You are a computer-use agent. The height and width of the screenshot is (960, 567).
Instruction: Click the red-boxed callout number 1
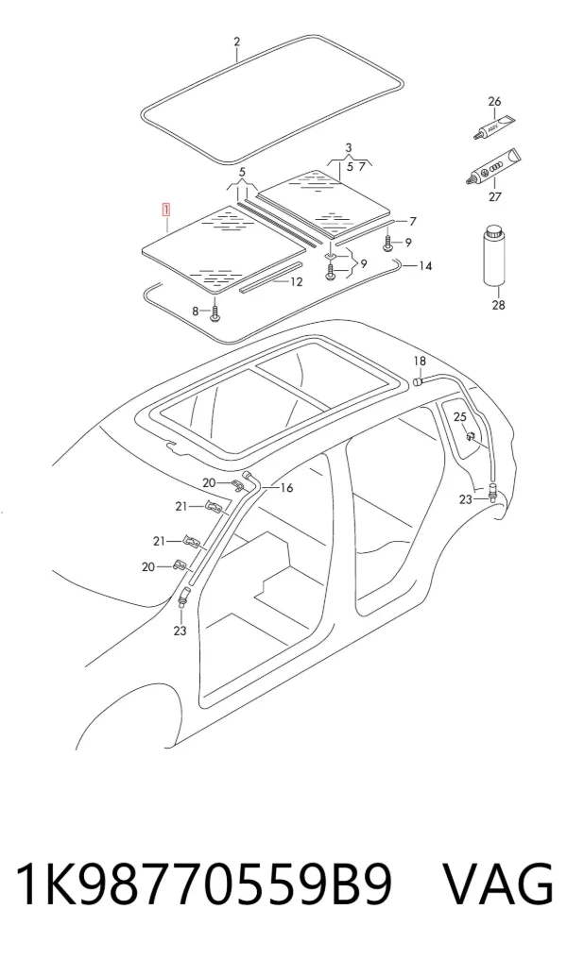pyautogui.click(x=165, y=211)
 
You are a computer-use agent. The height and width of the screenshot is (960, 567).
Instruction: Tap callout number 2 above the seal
pyautogui.click(x=237, y=42)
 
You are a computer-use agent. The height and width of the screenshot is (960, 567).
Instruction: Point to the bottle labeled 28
pyautogui.click(x=494, y=255)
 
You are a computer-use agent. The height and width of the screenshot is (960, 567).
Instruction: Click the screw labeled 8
pyautogui.click(x=215, y=312)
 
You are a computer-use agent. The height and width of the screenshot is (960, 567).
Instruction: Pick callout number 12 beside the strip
pyautogui.click(x=296, y=282)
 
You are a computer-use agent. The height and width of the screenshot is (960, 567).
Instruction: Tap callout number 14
pyautogui.click(x=425, y=265)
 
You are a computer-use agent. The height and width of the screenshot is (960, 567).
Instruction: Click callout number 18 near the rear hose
pyautogui.click(x=420, y=362)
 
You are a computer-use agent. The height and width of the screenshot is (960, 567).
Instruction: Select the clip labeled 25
pyautogui.click(x=472, y=437)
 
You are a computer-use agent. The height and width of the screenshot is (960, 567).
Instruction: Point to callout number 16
pyautogui.click(x=286, y=488)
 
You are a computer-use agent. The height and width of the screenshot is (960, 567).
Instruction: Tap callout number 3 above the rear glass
pyautogui.click(x=349, y=147)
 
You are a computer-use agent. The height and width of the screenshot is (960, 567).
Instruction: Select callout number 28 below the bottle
pyautogui.click(x=498, y=304)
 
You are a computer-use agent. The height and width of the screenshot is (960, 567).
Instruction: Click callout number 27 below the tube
pyautogui.click(x=494, y=196)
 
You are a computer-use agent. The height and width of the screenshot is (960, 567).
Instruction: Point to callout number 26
pyautogui.click(x=494, y=102)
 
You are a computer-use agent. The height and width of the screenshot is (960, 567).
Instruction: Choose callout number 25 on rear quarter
pyautogui.click(x=459, y=417)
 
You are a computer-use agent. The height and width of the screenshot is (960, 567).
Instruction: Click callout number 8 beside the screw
pyautogui.click(x=196, y=312)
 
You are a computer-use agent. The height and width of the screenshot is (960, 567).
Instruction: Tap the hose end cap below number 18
pyautogui.click(x=418, y=382)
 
